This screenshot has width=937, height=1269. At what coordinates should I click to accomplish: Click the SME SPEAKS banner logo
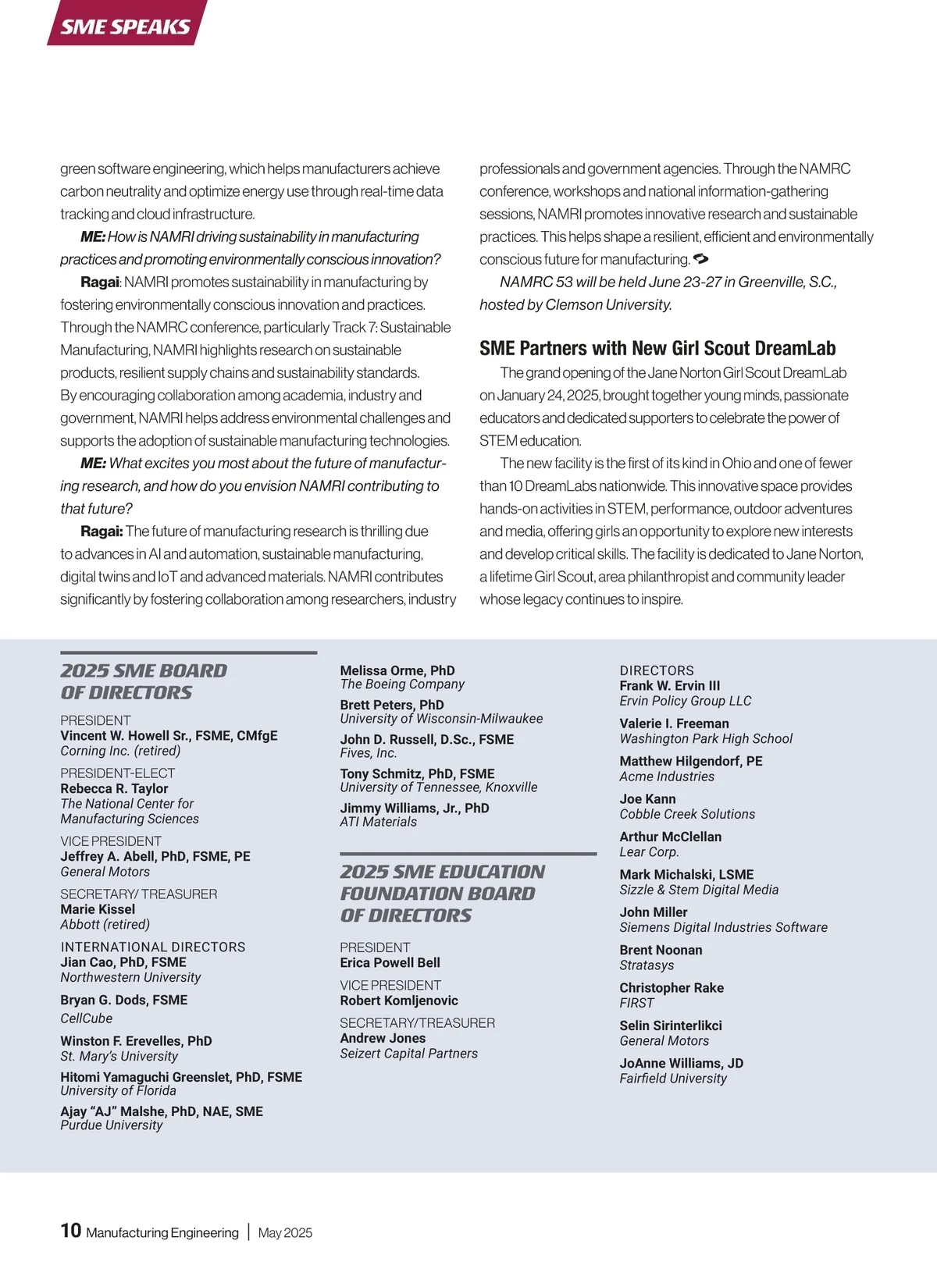click(x=126, y=26)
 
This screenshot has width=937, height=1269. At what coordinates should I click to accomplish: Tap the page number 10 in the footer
click(x=70, y=1231)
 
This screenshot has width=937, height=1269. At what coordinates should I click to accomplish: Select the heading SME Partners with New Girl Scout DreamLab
click(x=657, y=348)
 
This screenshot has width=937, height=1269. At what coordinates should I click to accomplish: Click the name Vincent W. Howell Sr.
click(x=138, y=735)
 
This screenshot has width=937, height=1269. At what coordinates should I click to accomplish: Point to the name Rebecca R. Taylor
click(x=114, y=788)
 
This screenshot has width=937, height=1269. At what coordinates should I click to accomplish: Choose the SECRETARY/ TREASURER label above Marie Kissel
click(x=139, y=894)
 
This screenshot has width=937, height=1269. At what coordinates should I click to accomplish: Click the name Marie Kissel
click(x=98, y=909)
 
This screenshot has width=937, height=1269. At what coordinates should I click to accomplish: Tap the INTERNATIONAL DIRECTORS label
click(x=153, y=947)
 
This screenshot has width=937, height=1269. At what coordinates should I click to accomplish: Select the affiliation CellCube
click(x=87, y=1018)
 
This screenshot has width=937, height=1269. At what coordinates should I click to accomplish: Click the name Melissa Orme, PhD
click(x=397, y=670)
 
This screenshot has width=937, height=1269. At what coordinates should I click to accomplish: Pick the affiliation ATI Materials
click(x=378, y=822)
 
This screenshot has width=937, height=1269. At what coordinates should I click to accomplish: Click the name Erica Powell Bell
click(x=390, y=962)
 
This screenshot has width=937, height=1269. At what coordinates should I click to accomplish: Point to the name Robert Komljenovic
click(x=399, y=1001)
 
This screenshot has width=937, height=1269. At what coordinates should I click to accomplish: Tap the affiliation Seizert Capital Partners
click(x=408, y=1054)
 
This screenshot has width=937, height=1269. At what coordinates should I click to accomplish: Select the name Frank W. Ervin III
click(x=670, y=685)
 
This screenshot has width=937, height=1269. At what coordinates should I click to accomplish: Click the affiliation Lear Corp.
click(x=649, y=852)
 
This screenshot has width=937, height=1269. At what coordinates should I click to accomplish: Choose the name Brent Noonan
click(x=661, y=950)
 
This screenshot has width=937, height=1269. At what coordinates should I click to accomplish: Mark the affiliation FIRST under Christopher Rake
click(x=636, y=1003)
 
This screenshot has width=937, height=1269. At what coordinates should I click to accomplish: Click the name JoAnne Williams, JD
click(x=681, y=1063)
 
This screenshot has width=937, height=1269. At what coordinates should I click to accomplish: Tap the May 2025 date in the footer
click(x=285, y=1233)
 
